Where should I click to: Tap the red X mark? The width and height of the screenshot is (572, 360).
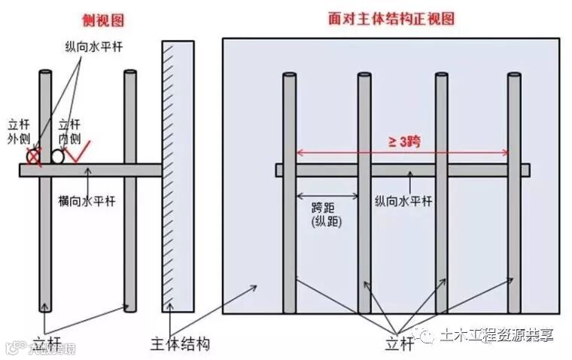[33, 157]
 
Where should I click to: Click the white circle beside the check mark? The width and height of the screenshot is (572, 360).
[57, 157]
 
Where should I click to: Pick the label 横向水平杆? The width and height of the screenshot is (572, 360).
[85, 201]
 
